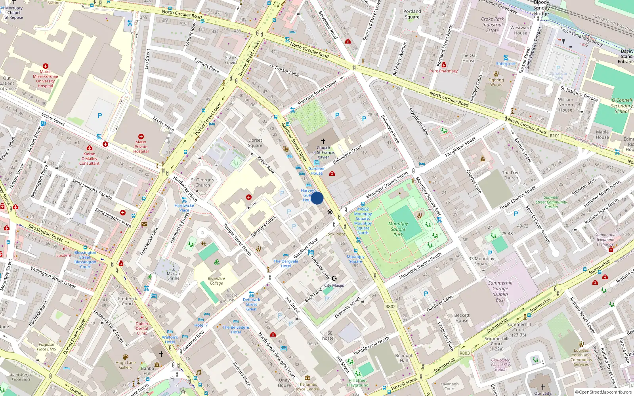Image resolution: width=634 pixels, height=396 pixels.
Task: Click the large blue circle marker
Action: (x=317, y=198)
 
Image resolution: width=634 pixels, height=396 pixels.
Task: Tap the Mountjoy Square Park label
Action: (x=398, y=229)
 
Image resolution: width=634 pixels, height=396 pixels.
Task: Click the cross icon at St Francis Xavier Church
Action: (x=323, y=141)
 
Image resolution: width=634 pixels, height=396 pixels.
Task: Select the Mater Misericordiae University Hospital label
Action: (x=45, y=79)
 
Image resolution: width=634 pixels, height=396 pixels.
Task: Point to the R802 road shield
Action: (x=390, y=307)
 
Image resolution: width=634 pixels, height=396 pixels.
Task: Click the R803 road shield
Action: (x=464, y=353)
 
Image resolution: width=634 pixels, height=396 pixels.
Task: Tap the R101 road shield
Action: (x=555, y=135)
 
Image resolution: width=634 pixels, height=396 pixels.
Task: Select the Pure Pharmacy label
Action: (x=443, y=71)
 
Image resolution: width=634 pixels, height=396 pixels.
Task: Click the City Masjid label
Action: (x=334, y=286)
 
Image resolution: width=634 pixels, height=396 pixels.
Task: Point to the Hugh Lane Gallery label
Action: (x=126, y=365)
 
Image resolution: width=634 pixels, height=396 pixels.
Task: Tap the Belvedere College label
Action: (x=216, y=281)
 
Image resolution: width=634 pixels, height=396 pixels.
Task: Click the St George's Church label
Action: (x=202, y=182)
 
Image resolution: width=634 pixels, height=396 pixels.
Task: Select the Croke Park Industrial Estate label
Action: (x=493, y=25)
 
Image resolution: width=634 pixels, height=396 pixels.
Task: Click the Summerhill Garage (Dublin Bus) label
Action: (x=500, y=291)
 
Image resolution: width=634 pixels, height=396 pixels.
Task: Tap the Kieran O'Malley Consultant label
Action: (x=90, y=158)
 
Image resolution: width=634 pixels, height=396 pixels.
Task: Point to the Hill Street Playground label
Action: (x=357, y=383)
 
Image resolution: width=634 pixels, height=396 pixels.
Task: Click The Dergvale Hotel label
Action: (x=286, y=264)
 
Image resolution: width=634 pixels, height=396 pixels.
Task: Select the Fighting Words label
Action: (x=496, y=82)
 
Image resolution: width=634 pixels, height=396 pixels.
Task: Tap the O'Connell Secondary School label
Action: (x=621, y=106)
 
